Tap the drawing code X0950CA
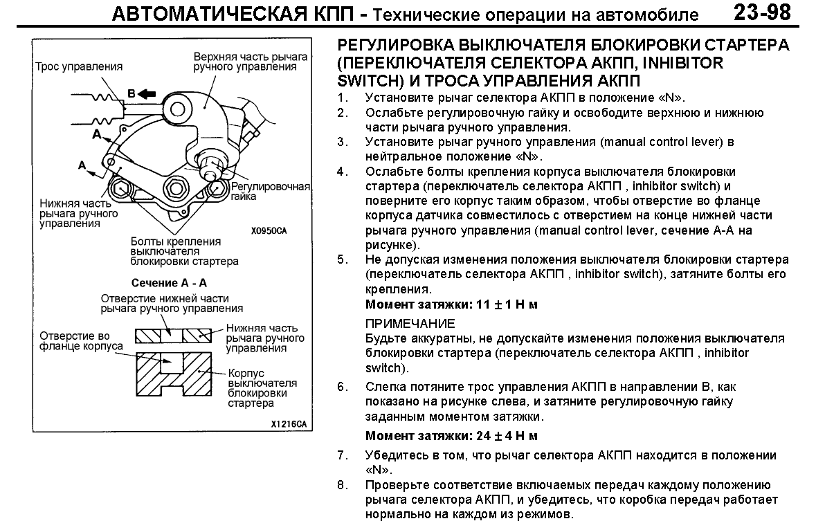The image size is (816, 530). (x=269, y=231)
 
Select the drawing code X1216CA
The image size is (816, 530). (x=288, y=423)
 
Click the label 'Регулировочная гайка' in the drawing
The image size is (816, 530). (x=271, y=192)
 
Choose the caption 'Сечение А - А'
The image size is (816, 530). (x=170, y=283)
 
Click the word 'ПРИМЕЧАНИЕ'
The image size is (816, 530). (x=410, y=323)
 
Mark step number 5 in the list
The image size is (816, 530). (x=341, y=260)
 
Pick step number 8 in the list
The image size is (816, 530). (x=341, y=485)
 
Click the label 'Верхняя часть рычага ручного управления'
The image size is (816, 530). (x=245, y=62)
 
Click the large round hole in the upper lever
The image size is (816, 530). (x=179, y=107)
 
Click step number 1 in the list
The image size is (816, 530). (x=341, y=98)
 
